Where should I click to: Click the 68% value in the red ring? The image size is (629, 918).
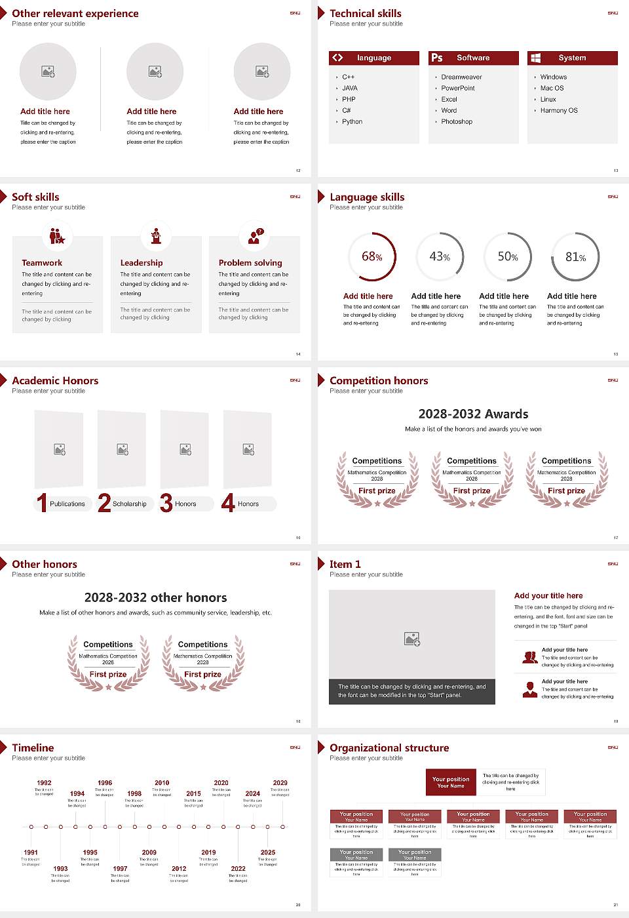pyautogui.click(x=372, y=256)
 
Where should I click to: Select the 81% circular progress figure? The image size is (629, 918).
pyautogui.click(x=575, y=257)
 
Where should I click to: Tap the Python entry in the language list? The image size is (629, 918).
pyautogui.click(x=352, y=121)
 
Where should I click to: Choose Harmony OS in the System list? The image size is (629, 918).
pyautogui.click(x=559, y=110)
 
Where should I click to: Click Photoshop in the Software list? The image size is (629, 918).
pyautogui.click(x=457, y=121)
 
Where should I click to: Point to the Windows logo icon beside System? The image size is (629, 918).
pyautogui.click(x=536, y=58)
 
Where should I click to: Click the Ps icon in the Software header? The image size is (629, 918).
pyautogui.click(x=437, y=58)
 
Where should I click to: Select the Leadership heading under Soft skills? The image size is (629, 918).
pyautogui.click(x=142, y=262)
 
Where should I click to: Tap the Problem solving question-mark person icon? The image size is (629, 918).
pyautogui.click(x=254, y=236)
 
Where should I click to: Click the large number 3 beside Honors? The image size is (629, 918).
pyautogui.click(x=166, y=503)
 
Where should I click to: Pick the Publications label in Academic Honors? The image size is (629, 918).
pyautogui.click(x=67, y=504)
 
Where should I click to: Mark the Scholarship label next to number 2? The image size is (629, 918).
pyautogui.click(x=130, y=504)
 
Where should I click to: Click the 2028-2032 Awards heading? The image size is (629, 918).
pyautogui.click(x=473, y=414)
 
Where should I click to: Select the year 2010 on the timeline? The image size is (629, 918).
pyautogui.click(x=162, y=782)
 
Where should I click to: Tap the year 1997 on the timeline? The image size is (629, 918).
pyautogui.click(x=120, y=868)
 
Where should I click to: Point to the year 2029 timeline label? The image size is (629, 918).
pyautogui.click(x=280, y=782)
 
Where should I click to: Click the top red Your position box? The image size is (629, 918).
pyautogui.click(x=451, y=782)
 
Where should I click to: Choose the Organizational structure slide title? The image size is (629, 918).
pyautogui.click(x=389, y=748)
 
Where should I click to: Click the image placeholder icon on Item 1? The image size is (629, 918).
pyautogui.click(x=412, y=639)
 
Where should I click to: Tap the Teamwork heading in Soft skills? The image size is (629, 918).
pyautogui.click(x=42, y=262)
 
